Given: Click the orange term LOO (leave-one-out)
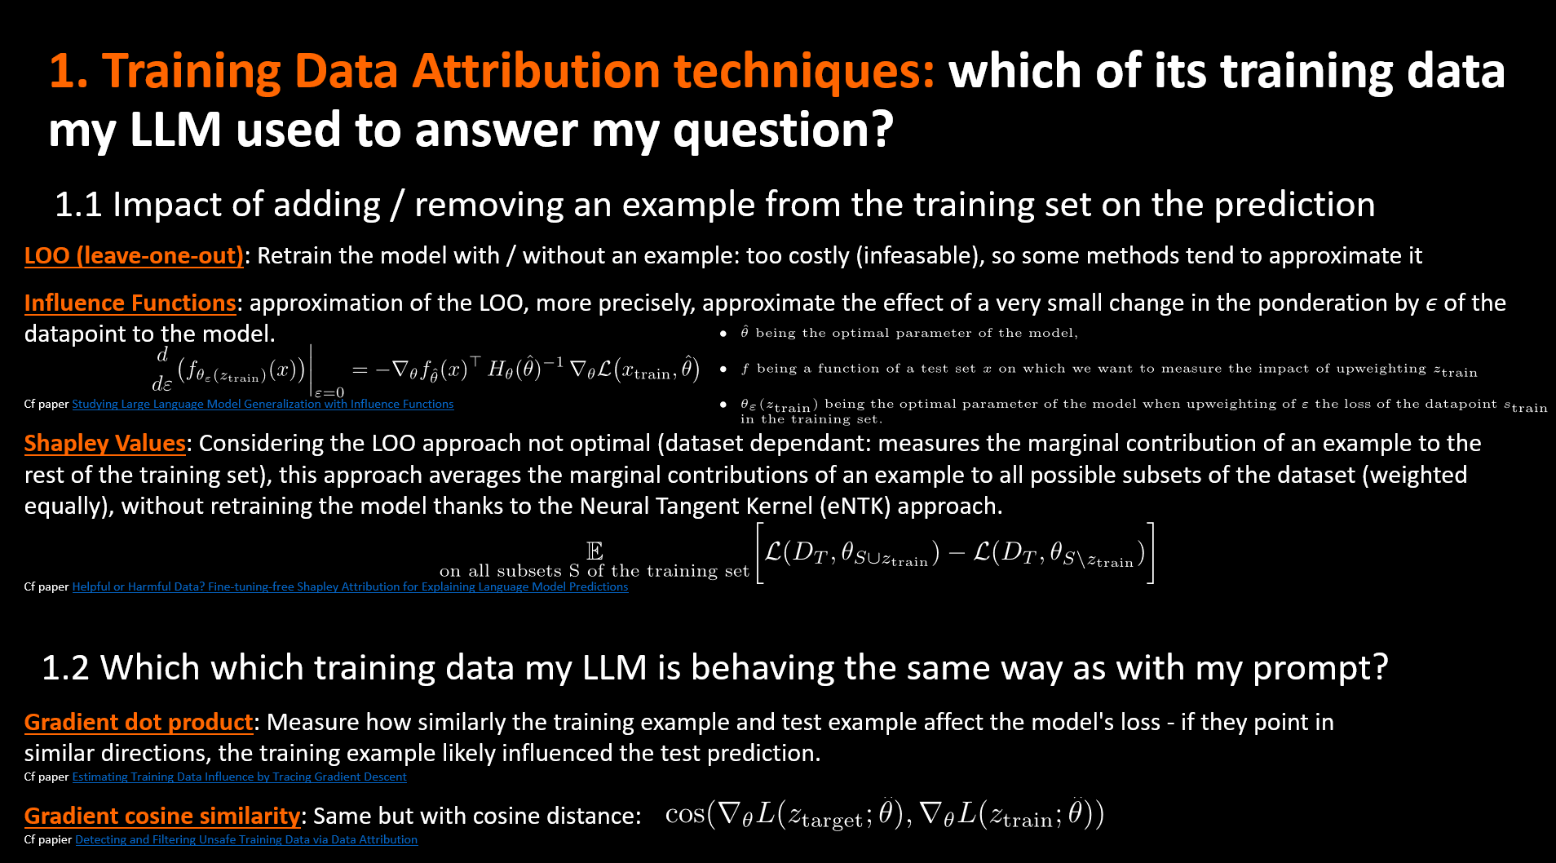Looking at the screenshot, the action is [x=134, y=256].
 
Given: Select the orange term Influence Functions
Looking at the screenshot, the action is [x=130, y=303].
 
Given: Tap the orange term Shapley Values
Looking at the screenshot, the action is [x=105, y=444].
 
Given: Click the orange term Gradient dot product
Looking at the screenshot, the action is [x=139, y=723].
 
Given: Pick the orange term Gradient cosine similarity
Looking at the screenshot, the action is [x=162, y=817].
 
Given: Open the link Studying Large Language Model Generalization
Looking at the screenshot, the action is [x=263, y=404].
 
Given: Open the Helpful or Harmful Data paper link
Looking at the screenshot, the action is [x=350, y=586].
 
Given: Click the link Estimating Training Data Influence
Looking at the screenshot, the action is [x=239, y=777].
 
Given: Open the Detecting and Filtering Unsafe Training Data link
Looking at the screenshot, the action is [x=246, y=839].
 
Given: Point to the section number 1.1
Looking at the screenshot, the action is [x=78, y=205].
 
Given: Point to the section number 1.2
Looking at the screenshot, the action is [x=65, y=668].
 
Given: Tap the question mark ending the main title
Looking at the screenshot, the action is [x=881, y=130].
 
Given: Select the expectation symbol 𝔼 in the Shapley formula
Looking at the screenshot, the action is [x=595, y=551].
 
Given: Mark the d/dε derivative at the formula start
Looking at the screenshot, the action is [x=161, y=369].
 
